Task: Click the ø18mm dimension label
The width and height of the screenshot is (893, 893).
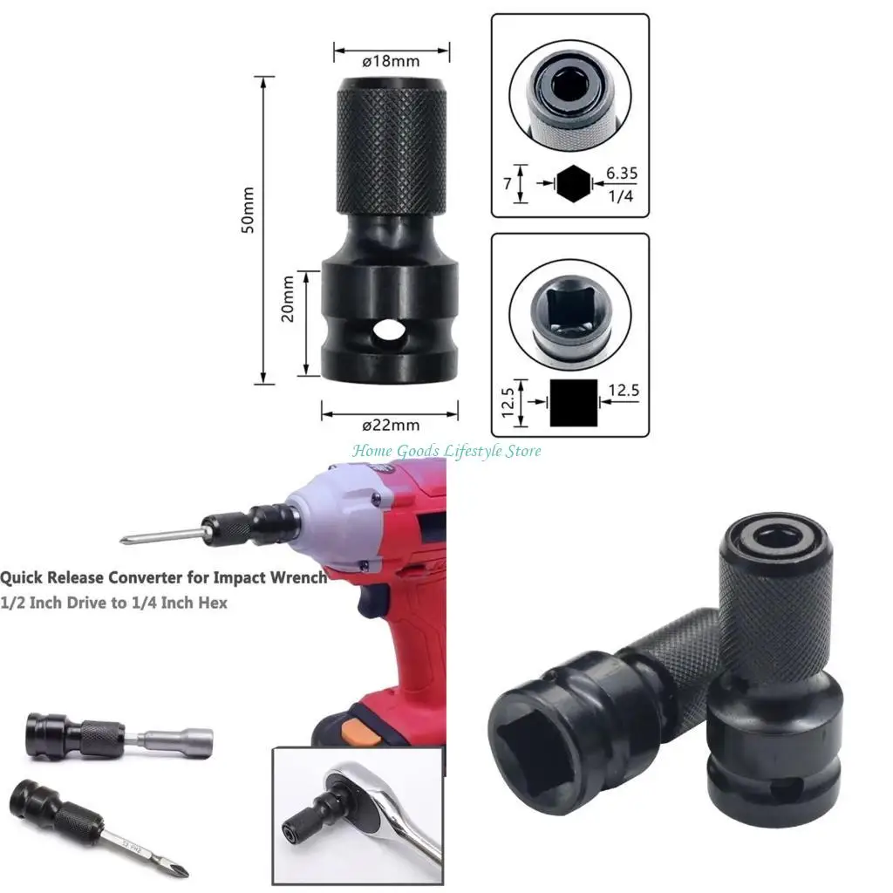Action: (391, 62)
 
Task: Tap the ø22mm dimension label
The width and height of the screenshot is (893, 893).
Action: (391, 426)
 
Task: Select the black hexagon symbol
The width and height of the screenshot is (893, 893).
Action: (573, 184)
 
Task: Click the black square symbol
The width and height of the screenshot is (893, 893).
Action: (573, 402)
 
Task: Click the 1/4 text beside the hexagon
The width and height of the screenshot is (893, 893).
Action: (621, 195)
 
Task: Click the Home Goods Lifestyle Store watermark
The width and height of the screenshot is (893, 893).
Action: (446, 451)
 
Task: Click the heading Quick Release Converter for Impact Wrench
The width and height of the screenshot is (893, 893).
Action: (164, 577)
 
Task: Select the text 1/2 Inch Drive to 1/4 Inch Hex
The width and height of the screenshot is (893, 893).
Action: (113, 603)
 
